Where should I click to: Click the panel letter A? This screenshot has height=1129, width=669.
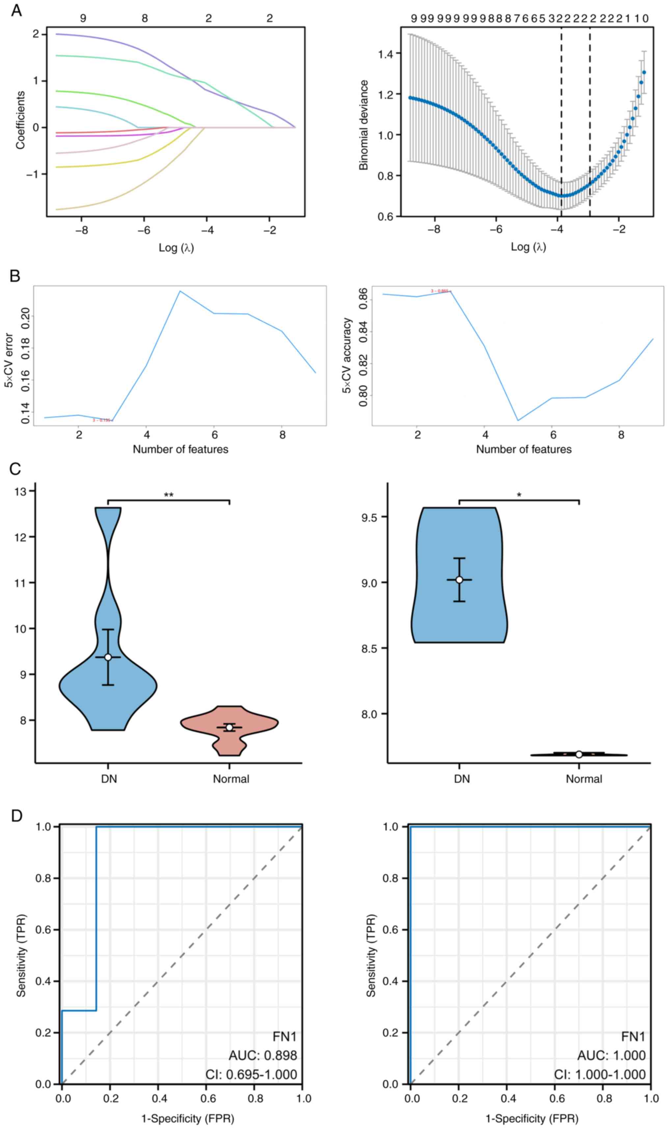pos(16,10)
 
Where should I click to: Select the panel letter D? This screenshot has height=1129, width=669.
pos(16,816)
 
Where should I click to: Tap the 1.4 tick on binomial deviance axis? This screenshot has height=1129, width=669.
pos(386,54)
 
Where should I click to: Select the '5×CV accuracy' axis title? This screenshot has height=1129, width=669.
pos(347,356)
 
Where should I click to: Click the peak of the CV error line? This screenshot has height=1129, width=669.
pos(180,291)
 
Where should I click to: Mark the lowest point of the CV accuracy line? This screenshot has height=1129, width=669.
pos(518,420)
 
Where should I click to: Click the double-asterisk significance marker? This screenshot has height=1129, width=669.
pos(169,495)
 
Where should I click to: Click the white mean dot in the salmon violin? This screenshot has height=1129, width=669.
pos(229,727)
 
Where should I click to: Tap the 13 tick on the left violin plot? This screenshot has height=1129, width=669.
pos(21,491)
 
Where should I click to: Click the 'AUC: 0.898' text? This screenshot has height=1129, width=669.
pos(263,1056)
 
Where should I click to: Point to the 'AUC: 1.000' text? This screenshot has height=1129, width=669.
pos(611,1056)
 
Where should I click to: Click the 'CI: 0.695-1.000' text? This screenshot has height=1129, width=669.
pos(251,1074)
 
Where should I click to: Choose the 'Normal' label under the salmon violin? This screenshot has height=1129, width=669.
pos(231,779)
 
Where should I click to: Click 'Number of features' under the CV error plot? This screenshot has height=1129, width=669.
pos(180,449)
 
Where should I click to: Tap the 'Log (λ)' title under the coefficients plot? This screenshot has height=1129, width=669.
pos(176,248)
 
